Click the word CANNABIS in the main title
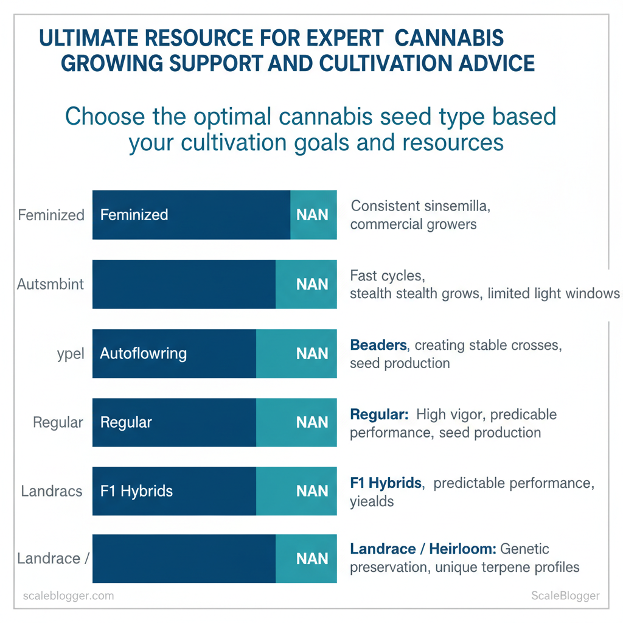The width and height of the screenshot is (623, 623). click(x=449, y=38)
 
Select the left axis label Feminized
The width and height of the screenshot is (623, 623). click(x=51, y=215)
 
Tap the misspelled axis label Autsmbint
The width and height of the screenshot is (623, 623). click(x=50, y=284)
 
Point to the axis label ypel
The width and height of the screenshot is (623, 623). click(x=70, y=353)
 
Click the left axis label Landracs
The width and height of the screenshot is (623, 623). click(x=52, y=491)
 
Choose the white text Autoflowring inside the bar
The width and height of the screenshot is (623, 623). click(x=143, y=353)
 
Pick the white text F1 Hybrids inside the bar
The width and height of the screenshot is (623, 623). click(x=136, y=491)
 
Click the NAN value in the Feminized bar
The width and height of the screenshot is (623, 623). click(x=312, y=215)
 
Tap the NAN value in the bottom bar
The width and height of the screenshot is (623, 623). click(x=312, y=559)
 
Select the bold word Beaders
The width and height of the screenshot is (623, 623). click(x=378, y=345)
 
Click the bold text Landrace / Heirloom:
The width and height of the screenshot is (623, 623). click(x=423, y=549)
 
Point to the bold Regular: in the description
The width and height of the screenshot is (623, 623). click(x=379, y=415)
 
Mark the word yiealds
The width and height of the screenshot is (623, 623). click(x=372, y=501)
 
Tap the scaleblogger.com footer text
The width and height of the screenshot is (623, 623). click(x=68, y=596)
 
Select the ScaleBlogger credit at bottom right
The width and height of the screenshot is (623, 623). click(x=565, y=596)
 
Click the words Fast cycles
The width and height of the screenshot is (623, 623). click(x=386, y=276)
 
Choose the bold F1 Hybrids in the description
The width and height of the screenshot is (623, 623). click(x=386, y=483)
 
